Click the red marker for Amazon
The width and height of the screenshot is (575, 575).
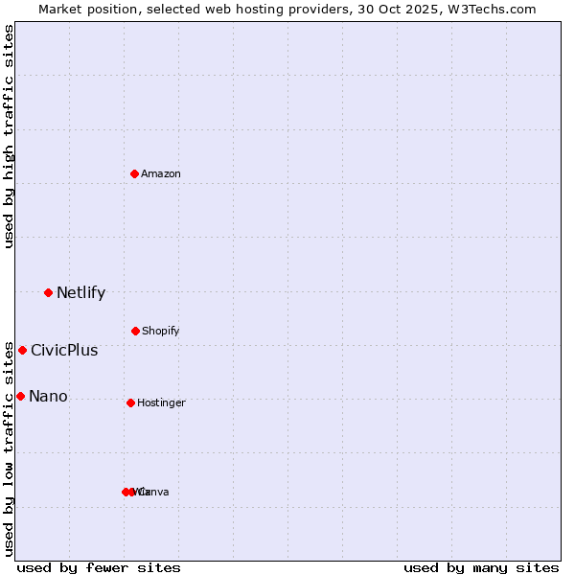click(x=135, y=173)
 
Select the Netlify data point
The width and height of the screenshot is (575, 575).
click(x=48, y=292)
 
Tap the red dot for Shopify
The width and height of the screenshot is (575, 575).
click(x=135, y=331)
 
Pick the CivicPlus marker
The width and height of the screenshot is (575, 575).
click(x=22, y=350)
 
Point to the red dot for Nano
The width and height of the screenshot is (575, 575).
click(x=20, y=396)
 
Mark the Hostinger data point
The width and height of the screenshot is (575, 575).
click(x=130, y=402)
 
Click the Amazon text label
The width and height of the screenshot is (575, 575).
click(x=161, y=174)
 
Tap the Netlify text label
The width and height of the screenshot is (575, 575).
click(x=80, y=293)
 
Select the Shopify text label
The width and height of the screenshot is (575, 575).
click(x=161, y=332)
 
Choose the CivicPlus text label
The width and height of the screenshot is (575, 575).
click(x=64, y=351)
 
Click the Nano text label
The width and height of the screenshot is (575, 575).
click(x=48, y=397)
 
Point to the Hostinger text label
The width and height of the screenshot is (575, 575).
click(x=161, y=403)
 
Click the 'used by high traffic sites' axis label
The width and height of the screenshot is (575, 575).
click(x=9, y=136)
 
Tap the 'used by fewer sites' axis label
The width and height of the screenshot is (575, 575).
click(x=99, y=568)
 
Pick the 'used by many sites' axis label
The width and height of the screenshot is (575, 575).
click(x=481, y=568)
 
